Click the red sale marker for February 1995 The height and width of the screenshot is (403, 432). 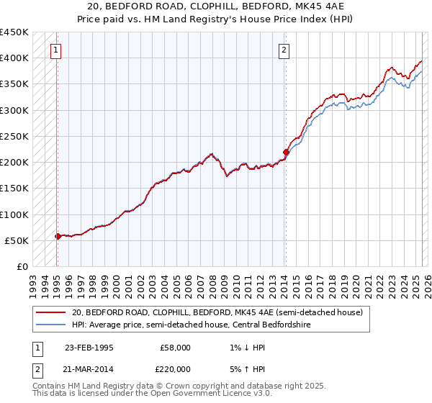[58, 236]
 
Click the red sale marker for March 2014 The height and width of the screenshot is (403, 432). [286, 152]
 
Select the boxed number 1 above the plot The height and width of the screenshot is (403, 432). [56, 50]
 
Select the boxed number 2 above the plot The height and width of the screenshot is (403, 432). [284, 50]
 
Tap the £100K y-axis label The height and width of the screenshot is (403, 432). [14, 214]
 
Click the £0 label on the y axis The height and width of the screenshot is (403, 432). [23, 267]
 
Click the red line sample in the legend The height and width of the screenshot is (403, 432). [50, 313]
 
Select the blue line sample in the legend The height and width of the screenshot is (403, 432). [50, 325]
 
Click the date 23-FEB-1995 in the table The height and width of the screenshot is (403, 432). [89, 348]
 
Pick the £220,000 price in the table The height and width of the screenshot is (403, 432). [175, 368]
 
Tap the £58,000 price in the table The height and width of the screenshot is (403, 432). [175, 348]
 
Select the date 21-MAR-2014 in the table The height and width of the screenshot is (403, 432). [89, 368]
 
